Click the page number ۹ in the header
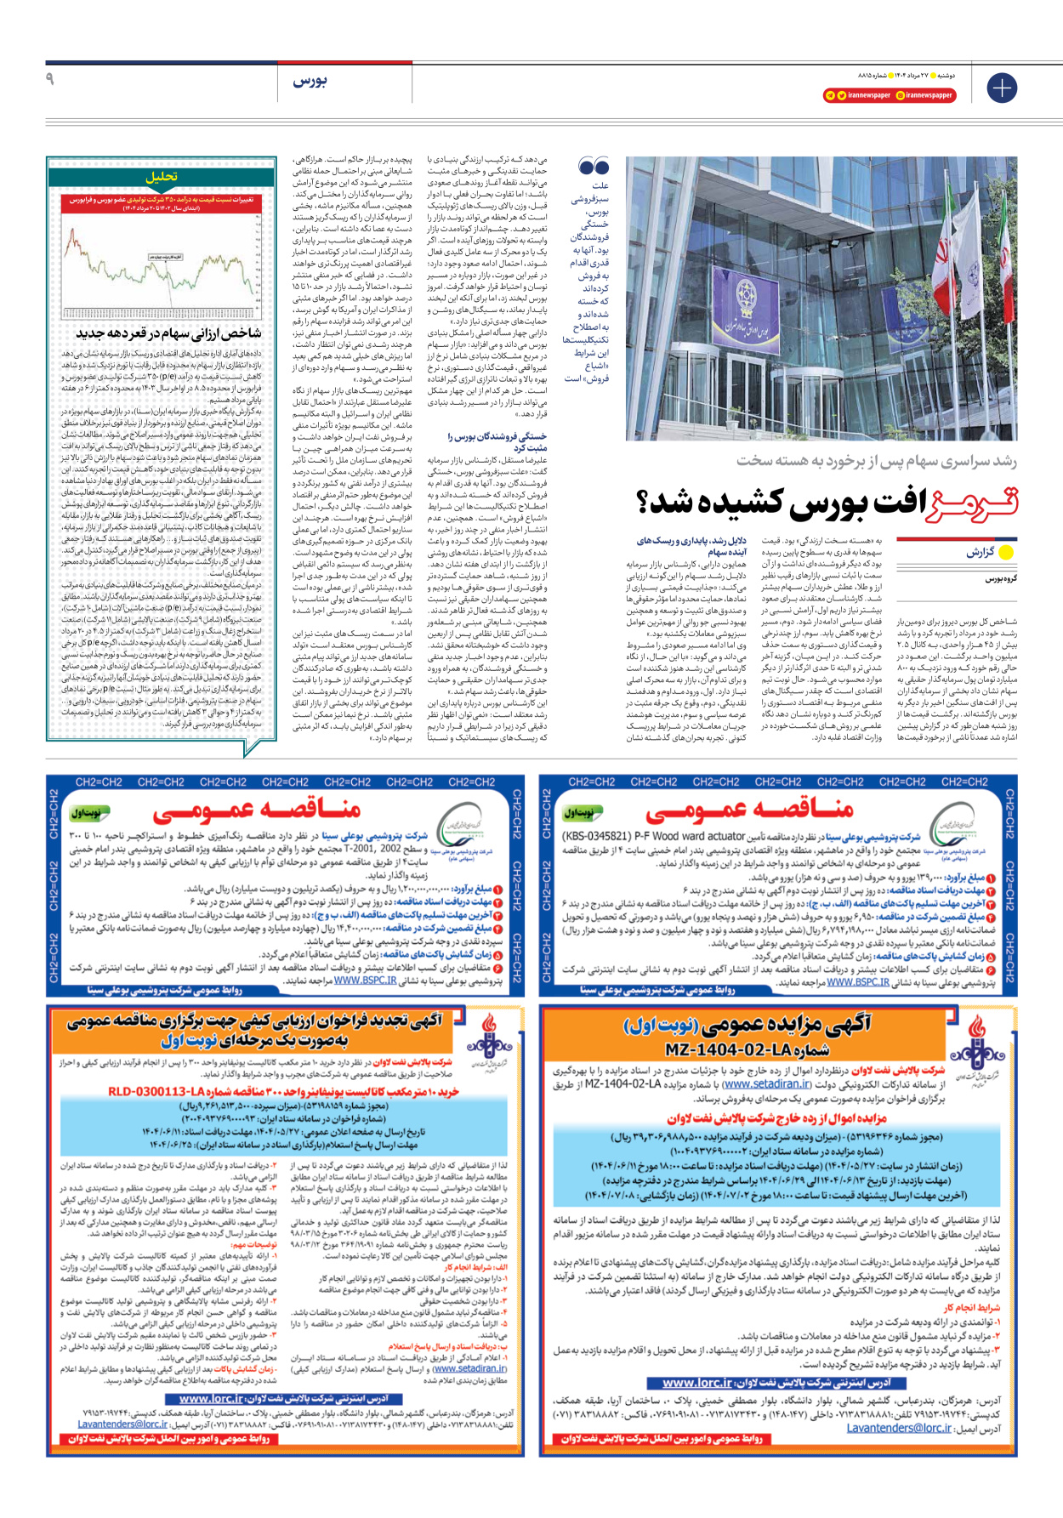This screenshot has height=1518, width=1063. (49, 79)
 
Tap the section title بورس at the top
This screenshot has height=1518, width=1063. (310, 82)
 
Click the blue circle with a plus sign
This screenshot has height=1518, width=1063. (1002, 88)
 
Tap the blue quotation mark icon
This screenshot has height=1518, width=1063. (594, 167)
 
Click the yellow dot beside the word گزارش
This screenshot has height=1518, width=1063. (1007, 552)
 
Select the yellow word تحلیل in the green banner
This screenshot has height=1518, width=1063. (161, 177)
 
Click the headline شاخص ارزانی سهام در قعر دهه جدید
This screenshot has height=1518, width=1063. (168, 333)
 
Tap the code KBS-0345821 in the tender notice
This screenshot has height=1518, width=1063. (596, 836)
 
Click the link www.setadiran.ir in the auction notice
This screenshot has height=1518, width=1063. (765, 1084)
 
